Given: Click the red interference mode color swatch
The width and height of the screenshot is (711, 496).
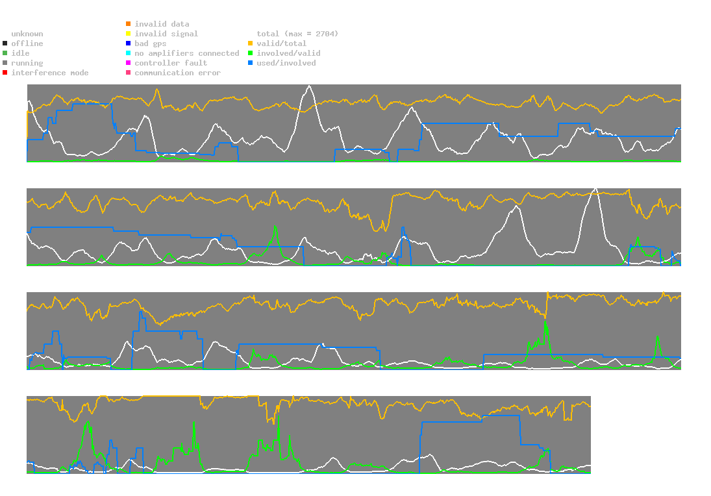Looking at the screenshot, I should (x=5, y=73).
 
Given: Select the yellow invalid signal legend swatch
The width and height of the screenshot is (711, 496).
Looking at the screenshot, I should (x=129, y=34).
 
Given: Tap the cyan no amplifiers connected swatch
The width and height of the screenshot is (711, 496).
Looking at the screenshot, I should (x=129, y=53).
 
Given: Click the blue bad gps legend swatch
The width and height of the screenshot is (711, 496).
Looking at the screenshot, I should (x=129, y=43).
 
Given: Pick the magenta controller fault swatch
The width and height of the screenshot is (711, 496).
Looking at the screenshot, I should (x=129, y=63).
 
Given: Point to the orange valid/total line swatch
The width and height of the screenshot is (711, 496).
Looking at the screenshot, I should (x=251, y=43).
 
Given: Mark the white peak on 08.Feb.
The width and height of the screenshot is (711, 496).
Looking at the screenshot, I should (x=310, y=86).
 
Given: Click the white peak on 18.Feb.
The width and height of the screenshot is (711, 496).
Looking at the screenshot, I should (x=595, y=188).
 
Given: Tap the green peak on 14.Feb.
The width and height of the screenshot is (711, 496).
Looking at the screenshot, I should (x=276, y=227).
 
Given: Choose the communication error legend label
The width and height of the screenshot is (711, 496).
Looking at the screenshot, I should (x=177, y=73).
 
